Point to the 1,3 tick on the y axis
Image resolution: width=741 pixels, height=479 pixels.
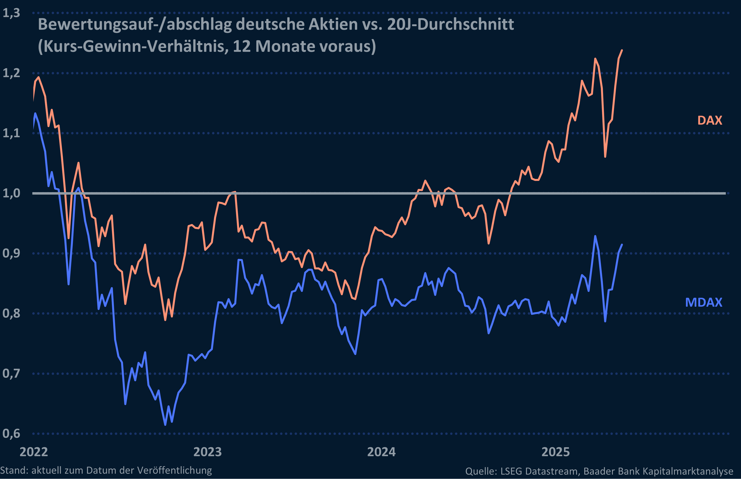click(x=11, y=13)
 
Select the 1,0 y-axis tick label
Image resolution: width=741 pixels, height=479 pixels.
click(x=11, y=193)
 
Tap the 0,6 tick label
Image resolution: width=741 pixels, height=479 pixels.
click(x=11, y=433)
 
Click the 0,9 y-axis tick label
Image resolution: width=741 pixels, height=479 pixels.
click(x=11, y=253)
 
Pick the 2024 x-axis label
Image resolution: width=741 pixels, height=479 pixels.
click(x=381, y=452)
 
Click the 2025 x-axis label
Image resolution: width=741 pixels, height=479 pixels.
click(x=556, y=452)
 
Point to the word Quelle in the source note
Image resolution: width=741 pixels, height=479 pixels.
click(x=481, y=471)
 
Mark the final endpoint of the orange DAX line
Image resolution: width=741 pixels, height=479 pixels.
click(x=622, y=50)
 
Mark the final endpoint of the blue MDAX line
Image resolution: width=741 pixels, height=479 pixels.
click(x=622, y=244)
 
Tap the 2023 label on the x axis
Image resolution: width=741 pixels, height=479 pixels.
click(x=207, y=452)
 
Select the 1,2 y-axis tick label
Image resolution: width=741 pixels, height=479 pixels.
click(x=11, y=73)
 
